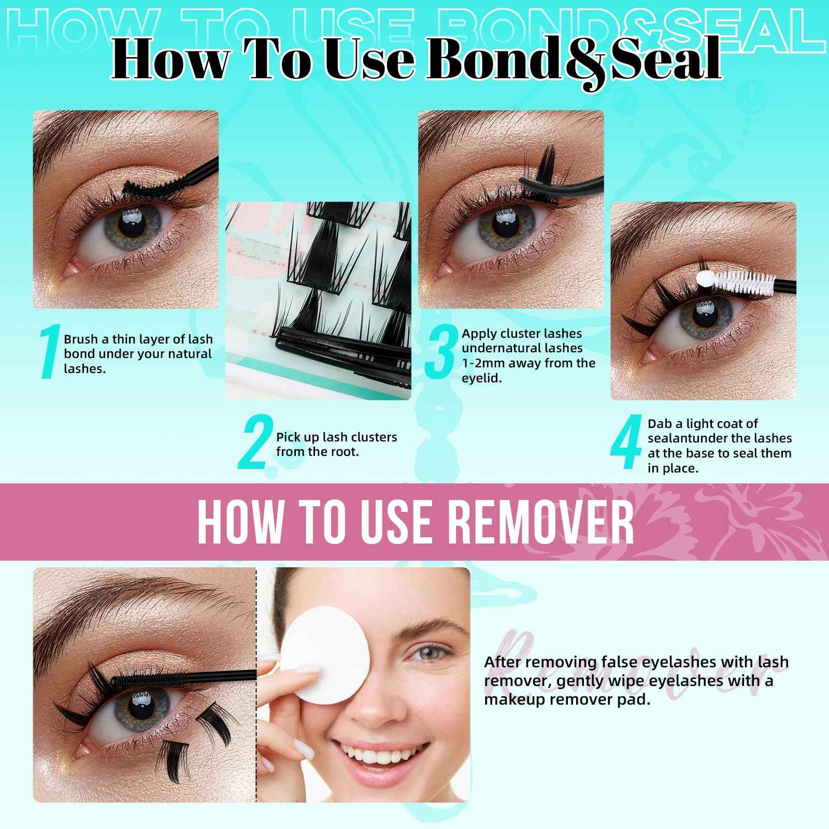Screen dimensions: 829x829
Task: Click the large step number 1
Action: tap(49, 352)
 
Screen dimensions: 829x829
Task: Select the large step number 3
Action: tap(440, 352)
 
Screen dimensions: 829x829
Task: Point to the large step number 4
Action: tap(626, 445)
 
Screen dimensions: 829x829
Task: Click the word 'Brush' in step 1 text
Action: tap(80, 339)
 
